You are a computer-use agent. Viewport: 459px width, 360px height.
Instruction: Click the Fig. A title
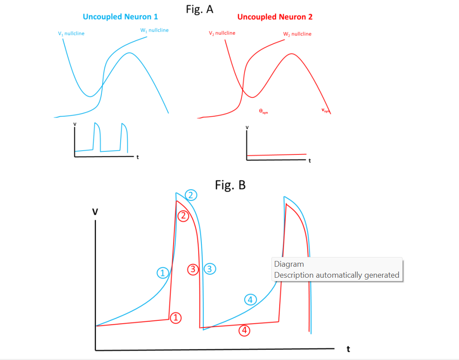tap(200, 9)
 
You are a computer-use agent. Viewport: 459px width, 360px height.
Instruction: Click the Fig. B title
tap(230, 185)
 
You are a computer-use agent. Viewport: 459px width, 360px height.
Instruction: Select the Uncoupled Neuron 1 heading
tap(120, 17)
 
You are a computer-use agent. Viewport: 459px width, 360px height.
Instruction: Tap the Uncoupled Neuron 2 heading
tap(275, 17)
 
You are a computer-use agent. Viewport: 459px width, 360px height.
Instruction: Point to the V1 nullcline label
tap(71, 33)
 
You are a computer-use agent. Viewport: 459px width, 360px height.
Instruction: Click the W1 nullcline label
tap(154, 30)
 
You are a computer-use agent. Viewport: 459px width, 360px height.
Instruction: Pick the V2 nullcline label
tap(222, 33)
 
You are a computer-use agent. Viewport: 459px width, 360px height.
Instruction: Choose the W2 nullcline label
tap(297, 34)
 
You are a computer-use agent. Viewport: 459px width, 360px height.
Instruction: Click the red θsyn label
tap(263, 111)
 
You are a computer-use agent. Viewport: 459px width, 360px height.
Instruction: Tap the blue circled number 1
tap(163, 273)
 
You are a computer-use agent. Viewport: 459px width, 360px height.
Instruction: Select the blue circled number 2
tap(191, 195)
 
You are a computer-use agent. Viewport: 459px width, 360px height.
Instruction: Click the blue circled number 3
tap(210, 269)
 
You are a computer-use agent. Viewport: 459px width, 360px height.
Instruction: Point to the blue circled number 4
tap(250, 299)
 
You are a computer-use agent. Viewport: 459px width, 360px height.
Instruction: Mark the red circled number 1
tap(176, 318)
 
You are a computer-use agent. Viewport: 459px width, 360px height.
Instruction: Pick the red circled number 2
tap(183, 216)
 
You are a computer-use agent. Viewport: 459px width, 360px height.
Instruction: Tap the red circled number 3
tap(193, 269)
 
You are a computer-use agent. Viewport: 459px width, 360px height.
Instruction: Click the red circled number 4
tap(244, 331)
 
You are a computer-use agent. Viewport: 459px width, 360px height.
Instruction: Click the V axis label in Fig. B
tap(95, 212)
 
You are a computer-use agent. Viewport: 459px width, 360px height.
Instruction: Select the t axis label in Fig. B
tap(348, 349)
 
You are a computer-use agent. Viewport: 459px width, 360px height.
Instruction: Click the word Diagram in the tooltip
tap(289, 264)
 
